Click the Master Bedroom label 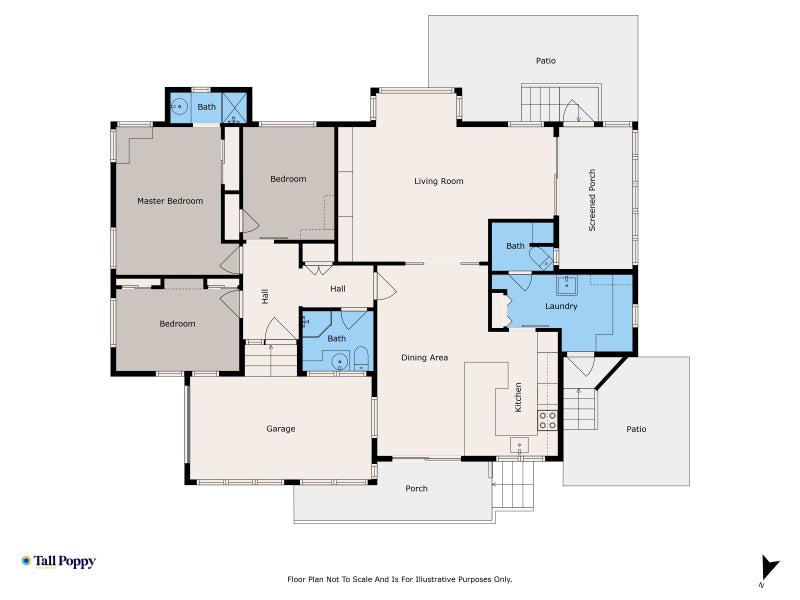tap(170, 201)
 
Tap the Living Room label tap(439, 181)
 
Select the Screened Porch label tap(592, 200)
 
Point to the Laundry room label tap(561, 306)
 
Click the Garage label tap(281, 429)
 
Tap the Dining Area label tap(424, 358)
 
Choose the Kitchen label tap(518, 397)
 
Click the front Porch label tap(416, 488)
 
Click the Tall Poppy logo tap(59, 562)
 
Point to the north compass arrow tap(769, 567)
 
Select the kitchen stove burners tap(547, 420)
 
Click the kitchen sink tap(519, 445)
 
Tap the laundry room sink tap(566, 286)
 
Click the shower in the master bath tap(235, 107)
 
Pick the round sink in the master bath tap(179, 107)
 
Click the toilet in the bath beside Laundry tap(541, 259)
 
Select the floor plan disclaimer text tap(399, 580)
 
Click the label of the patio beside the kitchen tap(636, 429)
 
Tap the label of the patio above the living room tap(545, 61)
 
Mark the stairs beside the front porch tap(513, 485)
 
